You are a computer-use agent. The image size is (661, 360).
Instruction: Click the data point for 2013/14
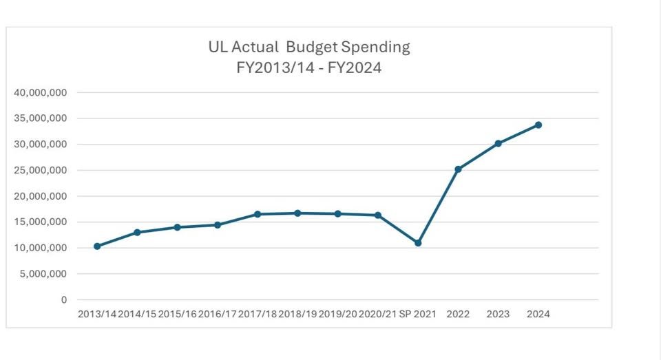coord(97,246)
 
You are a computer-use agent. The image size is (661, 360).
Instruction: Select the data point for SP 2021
coord(418,243)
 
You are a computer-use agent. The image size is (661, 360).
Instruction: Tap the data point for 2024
coord(538,125)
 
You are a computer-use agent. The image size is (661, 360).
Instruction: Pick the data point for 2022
coord(458,169)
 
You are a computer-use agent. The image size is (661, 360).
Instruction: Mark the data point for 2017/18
coord(258,214)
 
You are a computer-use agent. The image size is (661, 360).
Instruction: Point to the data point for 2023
coord(498,143)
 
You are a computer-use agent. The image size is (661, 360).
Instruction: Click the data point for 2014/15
coord(137,233)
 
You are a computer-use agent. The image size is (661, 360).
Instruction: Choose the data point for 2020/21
coord(378,215)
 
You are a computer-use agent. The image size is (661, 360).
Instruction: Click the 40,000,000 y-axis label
coord(41,92)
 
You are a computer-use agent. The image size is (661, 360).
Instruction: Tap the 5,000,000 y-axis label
coord(44,274)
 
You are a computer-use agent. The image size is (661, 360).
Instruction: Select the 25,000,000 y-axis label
coord(41,170)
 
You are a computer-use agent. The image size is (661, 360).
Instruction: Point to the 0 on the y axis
coord(64,300)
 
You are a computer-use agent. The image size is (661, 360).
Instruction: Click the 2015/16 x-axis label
coord(178,314)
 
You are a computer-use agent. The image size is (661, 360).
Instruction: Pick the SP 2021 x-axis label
coord(418,314)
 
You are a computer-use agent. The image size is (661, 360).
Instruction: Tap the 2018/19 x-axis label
coord(298,314)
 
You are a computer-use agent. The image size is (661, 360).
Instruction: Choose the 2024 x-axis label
coord(538,314)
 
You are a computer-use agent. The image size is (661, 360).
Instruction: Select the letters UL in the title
coord(218,47)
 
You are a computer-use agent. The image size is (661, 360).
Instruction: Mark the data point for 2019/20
coord(338,214)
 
